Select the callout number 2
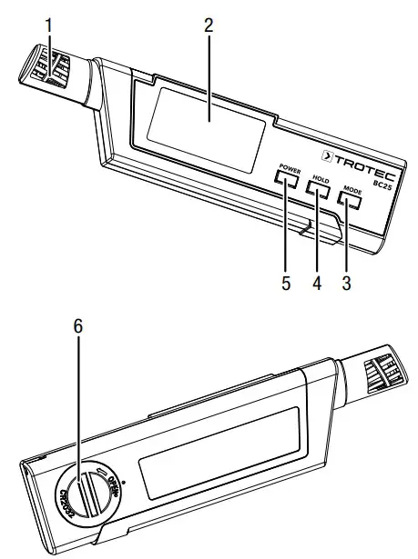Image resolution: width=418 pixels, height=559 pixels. (x=208, y=25)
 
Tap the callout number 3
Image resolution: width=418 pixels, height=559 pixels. (x=347, y=283)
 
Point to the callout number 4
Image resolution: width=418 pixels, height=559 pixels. (x=316, y=283)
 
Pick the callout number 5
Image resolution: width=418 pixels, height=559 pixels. (x=285, y=283)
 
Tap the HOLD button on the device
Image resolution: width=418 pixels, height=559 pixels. (x=318, y=191)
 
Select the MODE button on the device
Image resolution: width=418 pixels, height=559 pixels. (x=352, y=202)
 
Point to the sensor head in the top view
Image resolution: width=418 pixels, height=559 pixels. (x=43, y=68)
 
